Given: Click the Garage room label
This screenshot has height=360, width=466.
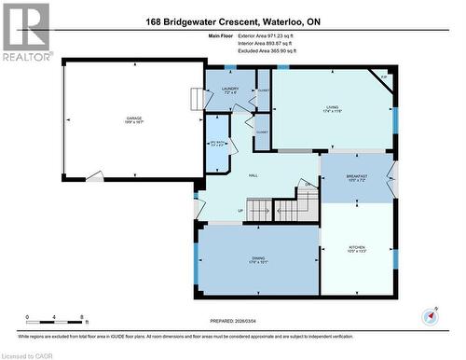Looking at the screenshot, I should click(133, 118).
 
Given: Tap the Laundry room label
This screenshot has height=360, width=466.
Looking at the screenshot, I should click(231, 90).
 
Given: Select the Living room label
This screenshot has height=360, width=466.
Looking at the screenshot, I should click(333, 109).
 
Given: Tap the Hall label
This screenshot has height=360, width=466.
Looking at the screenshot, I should click(253, 174).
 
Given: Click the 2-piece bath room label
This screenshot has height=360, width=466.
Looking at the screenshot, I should click(215, 145).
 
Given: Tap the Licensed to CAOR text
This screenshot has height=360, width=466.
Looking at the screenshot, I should click(27, 354).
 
